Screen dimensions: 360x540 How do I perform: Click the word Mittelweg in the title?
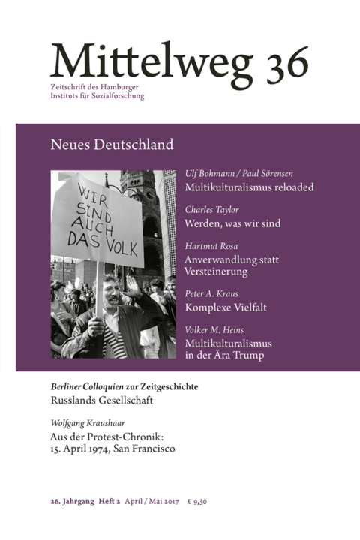[x=149, y=59]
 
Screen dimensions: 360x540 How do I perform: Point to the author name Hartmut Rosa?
[x=211, y=246]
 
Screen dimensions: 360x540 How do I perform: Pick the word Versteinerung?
[x=220, y=271]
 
